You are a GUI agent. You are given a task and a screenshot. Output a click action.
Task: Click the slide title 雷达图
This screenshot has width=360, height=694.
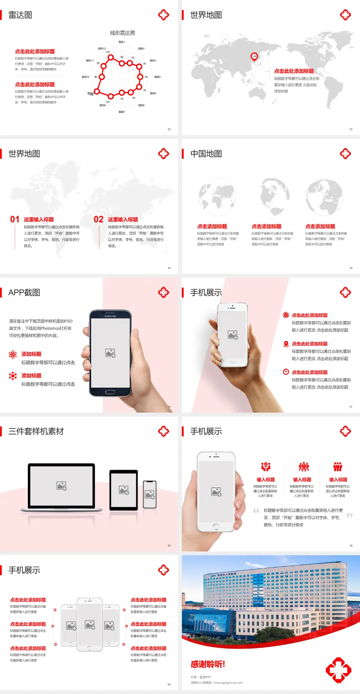(20, 15)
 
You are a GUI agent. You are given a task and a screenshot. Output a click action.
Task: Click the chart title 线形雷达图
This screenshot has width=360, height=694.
(122, 33)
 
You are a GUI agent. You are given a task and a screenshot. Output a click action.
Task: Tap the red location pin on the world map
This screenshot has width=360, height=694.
(254, 57)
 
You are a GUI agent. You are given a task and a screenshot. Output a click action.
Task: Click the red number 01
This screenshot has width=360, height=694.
(15, 219)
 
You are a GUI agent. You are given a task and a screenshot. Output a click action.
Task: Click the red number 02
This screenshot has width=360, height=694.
(99, 219)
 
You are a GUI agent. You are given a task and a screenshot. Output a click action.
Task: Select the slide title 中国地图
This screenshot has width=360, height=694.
(206, 154)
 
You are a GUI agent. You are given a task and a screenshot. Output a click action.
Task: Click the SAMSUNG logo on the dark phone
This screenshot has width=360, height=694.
(110, 316)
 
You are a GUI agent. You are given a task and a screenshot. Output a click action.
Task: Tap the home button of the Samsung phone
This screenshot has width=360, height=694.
(110, 392)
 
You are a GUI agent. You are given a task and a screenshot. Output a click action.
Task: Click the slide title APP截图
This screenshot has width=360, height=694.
(24, 293)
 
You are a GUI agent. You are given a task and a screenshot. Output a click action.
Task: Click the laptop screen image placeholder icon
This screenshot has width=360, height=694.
(61, 486)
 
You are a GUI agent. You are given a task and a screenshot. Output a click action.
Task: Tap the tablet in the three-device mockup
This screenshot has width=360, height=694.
(124, 490)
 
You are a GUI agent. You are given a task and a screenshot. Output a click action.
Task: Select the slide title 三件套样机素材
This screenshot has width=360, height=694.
(36, 431)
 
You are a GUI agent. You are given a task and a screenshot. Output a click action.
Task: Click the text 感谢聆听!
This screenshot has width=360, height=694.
(208, 664)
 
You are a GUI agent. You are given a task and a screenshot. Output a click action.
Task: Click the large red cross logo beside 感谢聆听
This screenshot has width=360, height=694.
(338, 670)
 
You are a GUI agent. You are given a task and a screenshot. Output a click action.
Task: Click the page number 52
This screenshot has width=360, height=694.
(169, 129)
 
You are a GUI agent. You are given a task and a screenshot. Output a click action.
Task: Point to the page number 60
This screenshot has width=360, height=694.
(169, 684)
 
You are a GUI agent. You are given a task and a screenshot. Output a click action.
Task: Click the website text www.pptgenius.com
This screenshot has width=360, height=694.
(228, 683)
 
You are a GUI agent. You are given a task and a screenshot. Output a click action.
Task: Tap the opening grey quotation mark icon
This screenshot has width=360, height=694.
(256, 511)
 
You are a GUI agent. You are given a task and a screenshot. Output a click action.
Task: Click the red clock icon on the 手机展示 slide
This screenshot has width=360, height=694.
(286, 372)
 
